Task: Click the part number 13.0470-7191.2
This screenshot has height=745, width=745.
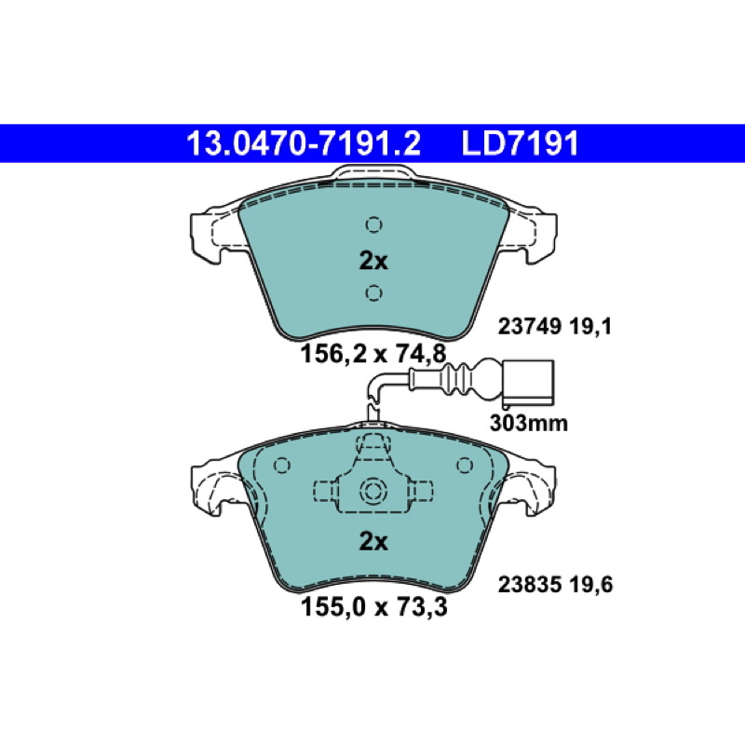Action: pos(304,143)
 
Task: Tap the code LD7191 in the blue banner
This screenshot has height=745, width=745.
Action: pos(521,143)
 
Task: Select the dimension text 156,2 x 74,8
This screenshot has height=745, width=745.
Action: pos(373,354)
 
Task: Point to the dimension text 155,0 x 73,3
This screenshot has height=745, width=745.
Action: pos(374,607)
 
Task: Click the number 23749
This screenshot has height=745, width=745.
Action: pos(530,327)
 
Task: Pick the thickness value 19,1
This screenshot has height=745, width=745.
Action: pos(590,327)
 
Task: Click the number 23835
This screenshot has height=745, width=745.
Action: pos(530,585)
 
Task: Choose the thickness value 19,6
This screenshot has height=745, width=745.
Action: pos(591,585)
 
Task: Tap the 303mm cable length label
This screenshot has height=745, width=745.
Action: pos(528,423)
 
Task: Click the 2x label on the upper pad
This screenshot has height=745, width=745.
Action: pos(373,261)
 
